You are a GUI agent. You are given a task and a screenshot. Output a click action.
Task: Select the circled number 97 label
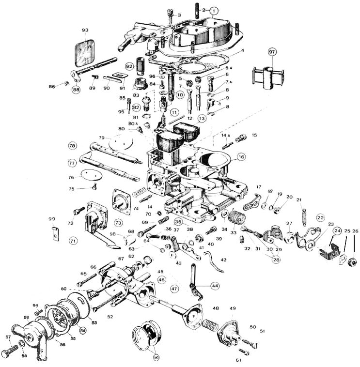272,52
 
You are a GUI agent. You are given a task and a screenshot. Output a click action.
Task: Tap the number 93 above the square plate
85,31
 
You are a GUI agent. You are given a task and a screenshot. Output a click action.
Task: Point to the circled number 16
241,157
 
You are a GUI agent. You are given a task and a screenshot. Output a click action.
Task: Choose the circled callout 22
320,218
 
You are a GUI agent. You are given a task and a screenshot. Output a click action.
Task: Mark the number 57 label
8,337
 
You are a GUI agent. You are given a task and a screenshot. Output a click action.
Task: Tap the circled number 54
83,330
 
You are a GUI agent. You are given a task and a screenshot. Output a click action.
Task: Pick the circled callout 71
73,240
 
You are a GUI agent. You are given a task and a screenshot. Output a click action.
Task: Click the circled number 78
73,146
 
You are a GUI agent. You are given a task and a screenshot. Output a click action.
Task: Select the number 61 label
238,360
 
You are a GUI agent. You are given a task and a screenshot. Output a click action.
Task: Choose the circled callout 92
129,66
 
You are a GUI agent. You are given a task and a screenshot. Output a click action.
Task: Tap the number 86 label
52,86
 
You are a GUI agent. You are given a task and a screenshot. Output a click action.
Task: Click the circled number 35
178,222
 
